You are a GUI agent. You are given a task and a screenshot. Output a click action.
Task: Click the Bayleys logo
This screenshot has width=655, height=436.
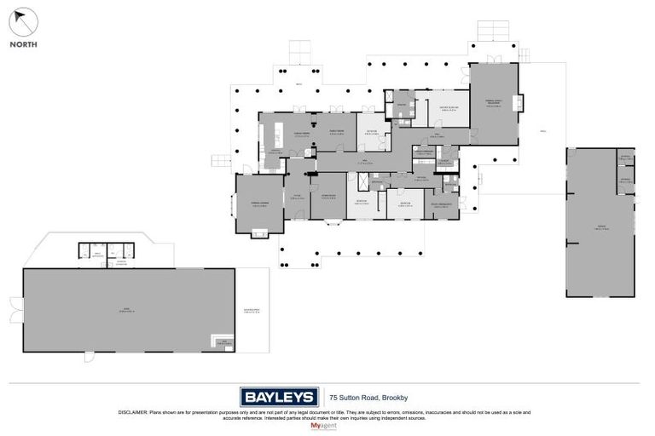278,396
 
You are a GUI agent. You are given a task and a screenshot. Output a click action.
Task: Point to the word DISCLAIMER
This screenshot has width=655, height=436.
136,412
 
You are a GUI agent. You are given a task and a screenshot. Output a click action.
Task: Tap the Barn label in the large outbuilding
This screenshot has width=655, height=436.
128,310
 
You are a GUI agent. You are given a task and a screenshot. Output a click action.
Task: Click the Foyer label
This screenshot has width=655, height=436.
299,196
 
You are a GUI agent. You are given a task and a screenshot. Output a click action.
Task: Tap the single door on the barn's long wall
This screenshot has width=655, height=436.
87,356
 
